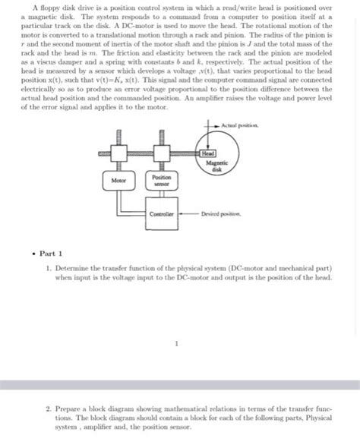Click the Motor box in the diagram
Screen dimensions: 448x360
[x=118, y=181]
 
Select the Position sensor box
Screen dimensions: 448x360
[x=162, y=180]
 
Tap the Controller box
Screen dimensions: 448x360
[x=162, y=215]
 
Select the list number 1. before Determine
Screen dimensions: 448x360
[x=48, y=270]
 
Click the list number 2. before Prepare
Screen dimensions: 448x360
[x=48, y=409]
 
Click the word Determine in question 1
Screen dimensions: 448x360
[x=72, y=270]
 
